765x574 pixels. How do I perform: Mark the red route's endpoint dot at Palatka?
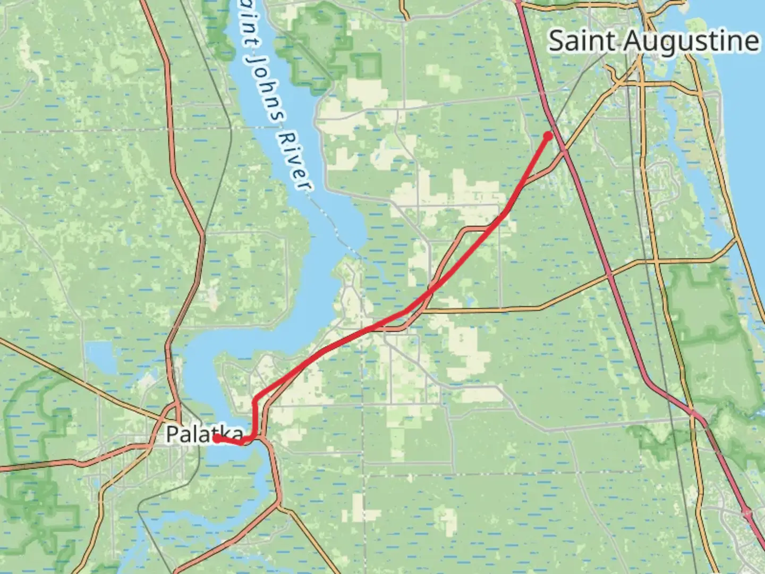tap(217, 438)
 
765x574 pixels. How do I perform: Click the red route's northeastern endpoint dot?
tap(548, 136)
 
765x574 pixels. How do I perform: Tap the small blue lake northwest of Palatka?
tap(100, 357)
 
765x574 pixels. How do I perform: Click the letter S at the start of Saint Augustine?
tap(557, 41)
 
